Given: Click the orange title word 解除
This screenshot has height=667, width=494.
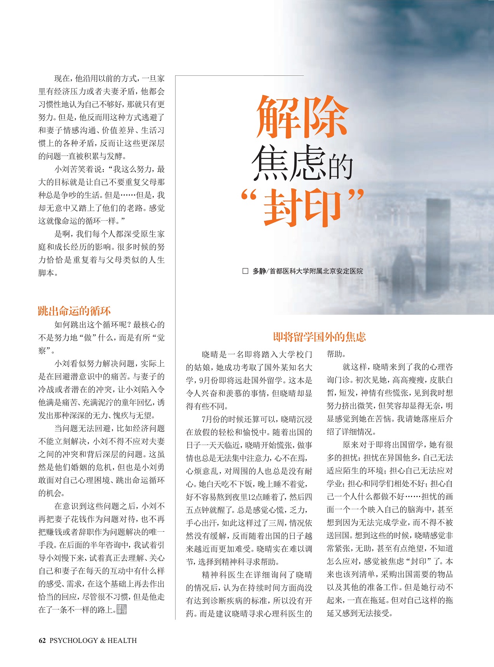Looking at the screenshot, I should [302, 117].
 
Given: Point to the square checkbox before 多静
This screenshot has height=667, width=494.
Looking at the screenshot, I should [245, 271].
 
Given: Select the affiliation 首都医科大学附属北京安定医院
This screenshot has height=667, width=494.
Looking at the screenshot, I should [316, 271].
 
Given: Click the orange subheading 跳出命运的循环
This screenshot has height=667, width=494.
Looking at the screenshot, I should [74, 311].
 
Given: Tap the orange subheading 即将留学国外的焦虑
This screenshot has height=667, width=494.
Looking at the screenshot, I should [319, 337].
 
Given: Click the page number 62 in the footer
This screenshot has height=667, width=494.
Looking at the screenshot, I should [42, 641].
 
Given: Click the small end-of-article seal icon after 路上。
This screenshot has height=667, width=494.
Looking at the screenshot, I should [122, 609].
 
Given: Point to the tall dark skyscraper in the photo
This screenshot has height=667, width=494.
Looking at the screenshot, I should [438, 249].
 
